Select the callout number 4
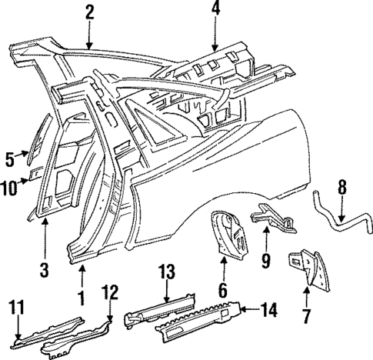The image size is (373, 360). coord(215,10)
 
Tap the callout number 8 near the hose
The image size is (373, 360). coord(342,186)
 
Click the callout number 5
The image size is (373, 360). coord(10,158)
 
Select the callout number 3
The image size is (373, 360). coord(45,269)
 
